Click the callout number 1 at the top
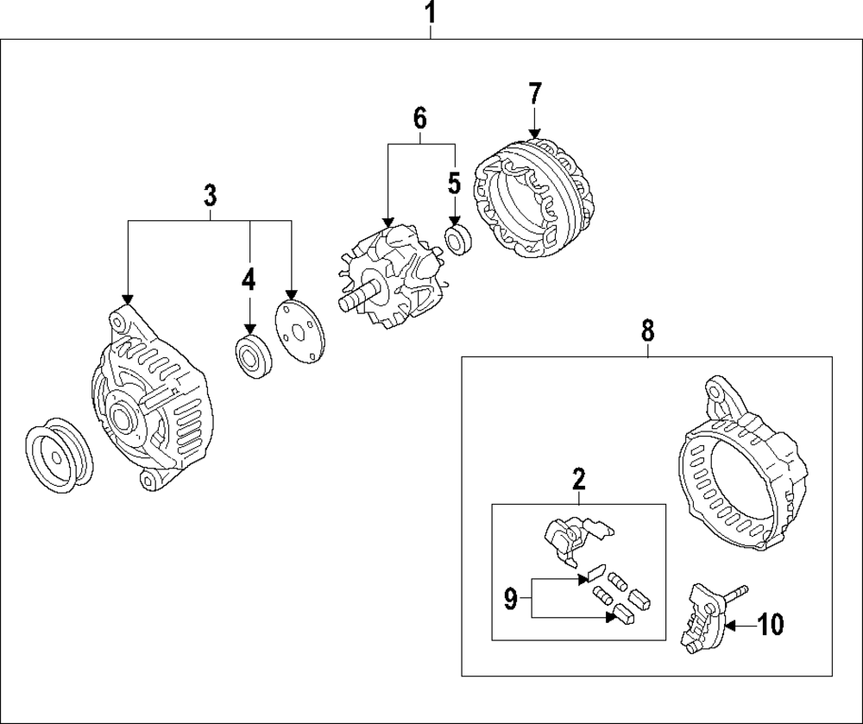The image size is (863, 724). (x=432, y=14)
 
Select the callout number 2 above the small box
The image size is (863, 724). (x=578, y=477)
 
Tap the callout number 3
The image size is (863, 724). (x=210, y=196)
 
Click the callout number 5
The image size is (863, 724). (x=454, y=183)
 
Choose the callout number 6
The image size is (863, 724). (x=420, y=119)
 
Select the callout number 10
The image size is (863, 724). (x=770, y=625)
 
